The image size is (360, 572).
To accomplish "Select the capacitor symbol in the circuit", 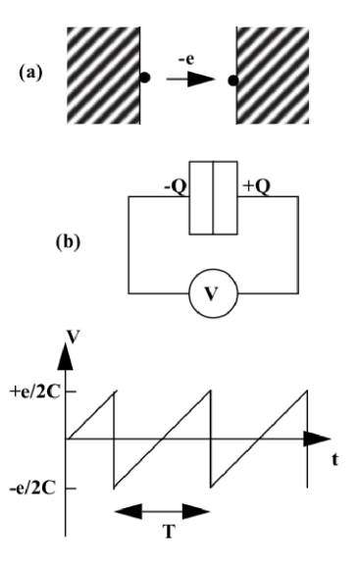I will click(x=213, y=195).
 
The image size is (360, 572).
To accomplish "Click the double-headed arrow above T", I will click(x=163, y=511).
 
